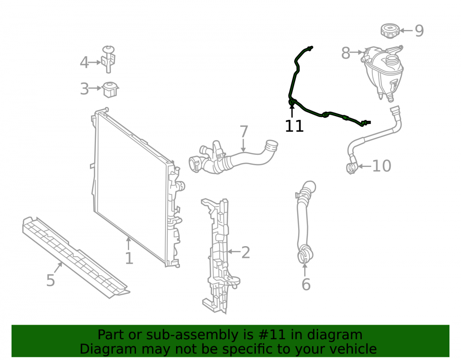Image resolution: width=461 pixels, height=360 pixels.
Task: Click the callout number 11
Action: [294, 126]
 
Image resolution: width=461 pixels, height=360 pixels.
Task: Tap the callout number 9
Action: [419, 31]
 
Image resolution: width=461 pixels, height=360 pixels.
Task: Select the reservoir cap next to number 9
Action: [390, 31]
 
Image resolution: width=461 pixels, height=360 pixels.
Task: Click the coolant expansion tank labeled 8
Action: [383, 72]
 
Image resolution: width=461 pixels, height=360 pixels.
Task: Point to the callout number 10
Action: [382, 166]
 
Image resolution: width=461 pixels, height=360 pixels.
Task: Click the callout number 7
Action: [244, 132]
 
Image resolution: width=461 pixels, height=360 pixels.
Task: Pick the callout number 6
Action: [306, 284]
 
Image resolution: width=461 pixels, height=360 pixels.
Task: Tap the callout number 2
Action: [246, 253]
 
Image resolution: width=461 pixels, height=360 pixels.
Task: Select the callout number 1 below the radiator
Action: [130, 259]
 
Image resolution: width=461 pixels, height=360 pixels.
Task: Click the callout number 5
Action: [51, 280]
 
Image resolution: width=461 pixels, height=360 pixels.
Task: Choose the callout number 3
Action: [84, 89]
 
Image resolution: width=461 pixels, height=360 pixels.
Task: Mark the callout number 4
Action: [84, 63]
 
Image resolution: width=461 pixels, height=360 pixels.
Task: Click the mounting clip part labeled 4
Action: [108, 59]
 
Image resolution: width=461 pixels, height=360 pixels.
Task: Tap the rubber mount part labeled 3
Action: [110, 89]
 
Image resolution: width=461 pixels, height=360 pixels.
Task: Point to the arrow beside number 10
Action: [364, 166]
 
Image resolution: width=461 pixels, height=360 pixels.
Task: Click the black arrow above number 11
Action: [292, 111]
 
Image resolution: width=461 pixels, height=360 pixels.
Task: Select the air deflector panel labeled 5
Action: [76, 257]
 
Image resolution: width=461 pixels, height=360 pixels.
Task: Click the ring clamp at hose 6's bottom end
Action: [305, 256]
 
